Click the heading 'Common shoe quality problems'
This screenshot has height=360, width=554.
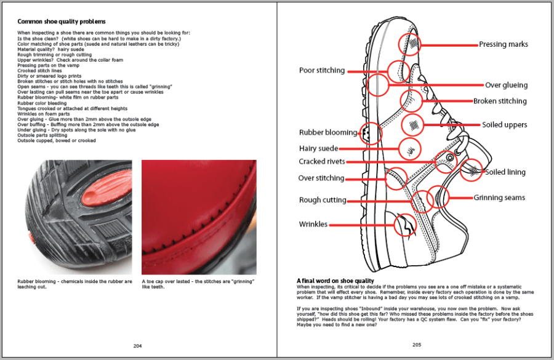61,22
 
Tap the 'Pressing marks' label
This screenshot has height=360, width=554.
503,44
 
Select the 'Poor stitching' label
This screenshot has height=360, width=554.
322,70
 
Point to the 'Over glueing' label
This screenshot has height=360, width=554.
506,85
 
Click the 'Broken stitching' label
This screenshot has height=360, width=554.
500,101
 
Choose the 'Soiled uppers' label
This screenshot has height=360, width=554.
504,125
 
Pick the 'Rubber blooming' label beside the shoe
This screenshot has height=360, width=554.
327,132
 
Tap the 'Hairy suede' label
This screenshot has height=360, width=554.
318,148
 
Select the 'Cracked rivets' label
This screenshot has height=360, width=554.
321,162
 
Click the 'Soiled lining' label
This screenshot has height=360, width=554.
505,172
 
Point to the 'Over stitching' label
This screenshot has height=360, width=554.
321,178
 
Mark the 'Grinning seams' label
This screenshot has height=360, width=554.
499,198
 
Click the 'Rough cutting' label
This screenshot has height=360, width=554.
323,200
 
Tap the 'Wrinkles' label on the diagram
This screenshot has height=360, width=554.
313,224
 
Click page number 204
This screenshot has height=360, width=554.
137,345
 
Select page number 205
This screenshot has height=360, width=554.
416,345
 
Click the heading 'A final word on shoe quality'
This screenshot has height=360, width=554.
335,281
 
